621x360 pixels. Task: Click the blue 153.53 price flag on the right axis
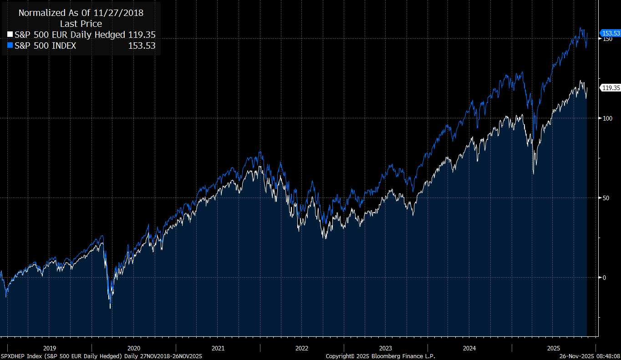coord(611,33)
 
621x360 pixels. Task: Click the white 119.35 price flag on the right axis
coord(611,88)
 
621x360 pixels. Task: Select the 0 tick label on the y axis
coord(604,278)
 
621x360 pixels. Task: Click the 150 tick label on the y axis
coord(607,39)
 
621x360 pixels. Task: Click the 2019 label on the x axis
coord(50,348)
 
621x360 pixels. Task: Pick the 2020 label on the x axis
coord(134,348)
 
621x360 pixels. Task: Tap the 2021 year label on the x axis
coord(218,348)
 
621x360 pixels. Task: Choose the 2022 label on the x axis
coord(302,348)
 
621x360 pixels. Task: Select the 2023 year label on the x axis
coord(386,348)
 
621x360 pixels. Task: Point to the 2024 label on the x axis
coord(469,348)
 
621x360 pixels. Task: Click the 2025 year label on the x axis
coord(553,348)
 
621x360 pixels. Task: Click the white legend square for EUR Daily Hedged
coord(10,35)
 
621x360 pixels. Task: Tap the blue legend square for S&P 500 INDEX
coord(10,46)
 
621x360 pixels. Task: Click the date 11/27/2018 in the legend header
coord(119,13)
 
